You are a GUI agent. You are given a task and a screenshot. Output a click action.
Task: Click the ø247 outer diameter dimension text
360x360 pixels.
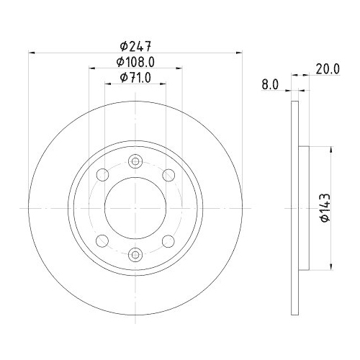point(134,43)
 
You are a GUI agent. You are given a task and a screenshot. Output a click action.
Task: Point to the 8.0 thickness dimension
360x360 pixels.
point(270,84)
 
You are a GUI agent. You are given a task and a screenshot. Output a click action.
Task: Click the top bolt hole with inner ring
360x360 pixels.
point(135,162)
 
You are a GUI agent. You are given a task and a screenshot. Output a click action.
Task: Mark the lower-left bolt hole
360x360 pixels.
point(101,240)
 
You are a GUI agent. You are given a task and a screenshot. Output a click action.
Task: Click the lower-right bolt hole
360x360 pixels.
point(168,240)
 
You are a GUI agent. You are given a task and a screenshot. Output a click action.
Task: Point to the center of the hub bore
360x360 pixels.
point(135,207)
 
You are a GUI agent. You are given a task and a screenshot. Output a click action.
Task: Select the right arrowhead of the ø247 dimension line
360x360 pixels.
point(238,52)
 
